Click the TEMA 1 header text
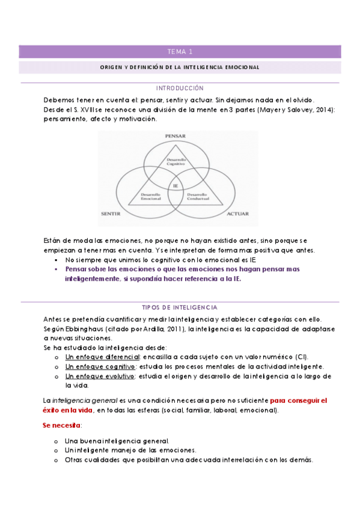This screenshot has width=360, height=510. click(x=180, y=52)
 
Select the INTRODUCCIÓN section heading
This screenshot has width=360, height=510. click(x=180, y=88)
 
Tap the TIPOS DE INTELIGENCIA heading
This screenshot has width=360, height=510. click(x=180, y=307)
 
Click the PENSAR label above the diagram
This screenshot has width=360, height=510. click(x=175, y=137)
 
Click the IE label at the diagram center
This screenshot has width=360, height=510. click(x=175, y=186)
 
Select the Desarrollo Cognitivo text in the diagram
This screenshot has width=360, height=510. click(x=175, y=161)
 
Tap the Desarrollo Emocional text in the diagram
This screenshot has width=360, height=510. click(x=150, y=197)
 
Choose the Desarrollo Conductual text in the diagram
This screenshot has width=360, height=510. click(x=198, y=197)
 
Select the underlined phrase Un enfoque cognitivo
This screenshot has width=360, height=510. click(x=99, y=366)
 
